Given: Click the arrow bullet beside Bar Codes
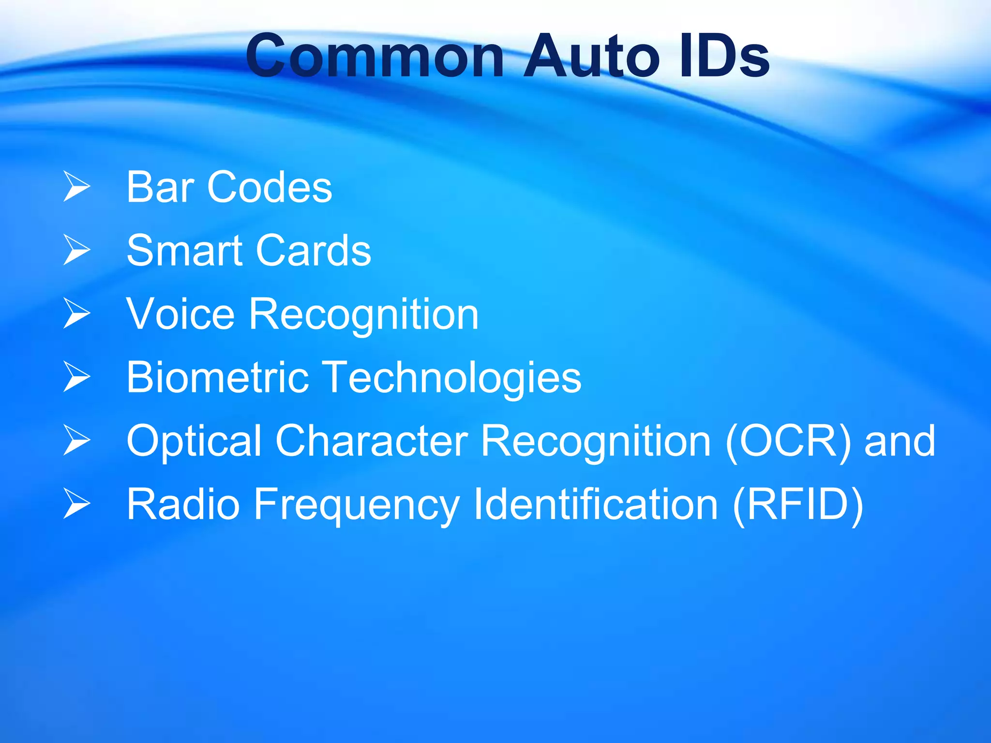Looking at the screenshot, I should (76, 187).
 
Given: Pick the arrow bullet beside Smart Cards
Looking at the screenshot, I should (76, 250).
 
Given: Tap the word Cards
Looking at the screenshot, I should (314, 251).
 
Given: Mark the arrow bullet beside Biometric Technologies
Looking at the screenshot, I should (76, 377).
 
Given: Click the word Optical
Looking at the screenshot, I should (194, 442).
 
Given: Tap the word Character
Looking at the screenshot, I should (372, 441).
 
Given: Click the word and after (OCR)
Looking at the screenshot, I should (900, 441).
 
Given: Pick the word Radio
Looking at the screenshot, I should (183, 505).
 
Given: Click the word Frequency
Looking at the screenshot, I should (356, 505).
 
